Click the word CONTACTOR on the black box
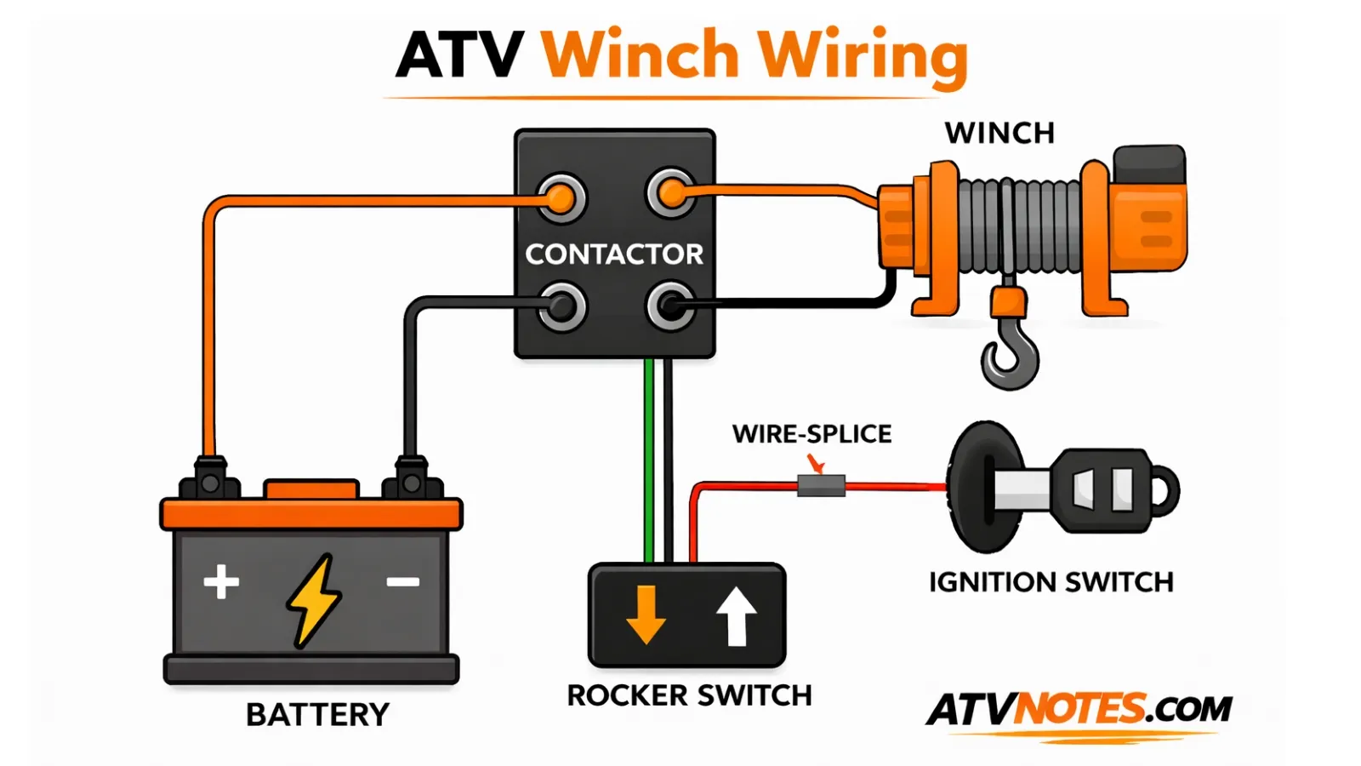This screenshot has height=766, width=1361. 614,254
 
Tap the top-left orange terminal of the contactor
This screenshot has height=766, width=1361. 561,197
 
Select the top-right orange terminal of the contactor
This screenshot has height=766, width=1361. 671,194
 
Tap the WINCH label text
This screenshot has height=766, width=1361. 999,133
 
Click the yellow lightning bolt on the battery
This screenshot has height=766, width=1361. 313,600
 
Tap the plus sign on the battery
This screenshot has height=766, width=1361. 221,582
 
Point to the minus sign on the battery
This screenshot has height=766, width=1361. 403,582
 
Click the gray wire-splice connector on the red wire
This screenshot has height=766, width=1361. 821,486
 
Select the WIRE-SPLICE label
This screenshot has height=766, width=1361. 811,433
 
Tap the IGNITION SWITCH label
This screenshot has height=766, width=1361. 1051,582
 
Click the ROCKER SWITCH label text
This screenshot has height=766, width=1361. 689,695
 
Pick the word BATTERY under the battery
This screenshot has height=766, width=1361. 317,714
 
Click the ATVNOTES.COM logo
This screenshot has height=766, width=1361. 1079,709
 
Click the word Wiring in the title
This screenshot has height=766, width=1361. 863,55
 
